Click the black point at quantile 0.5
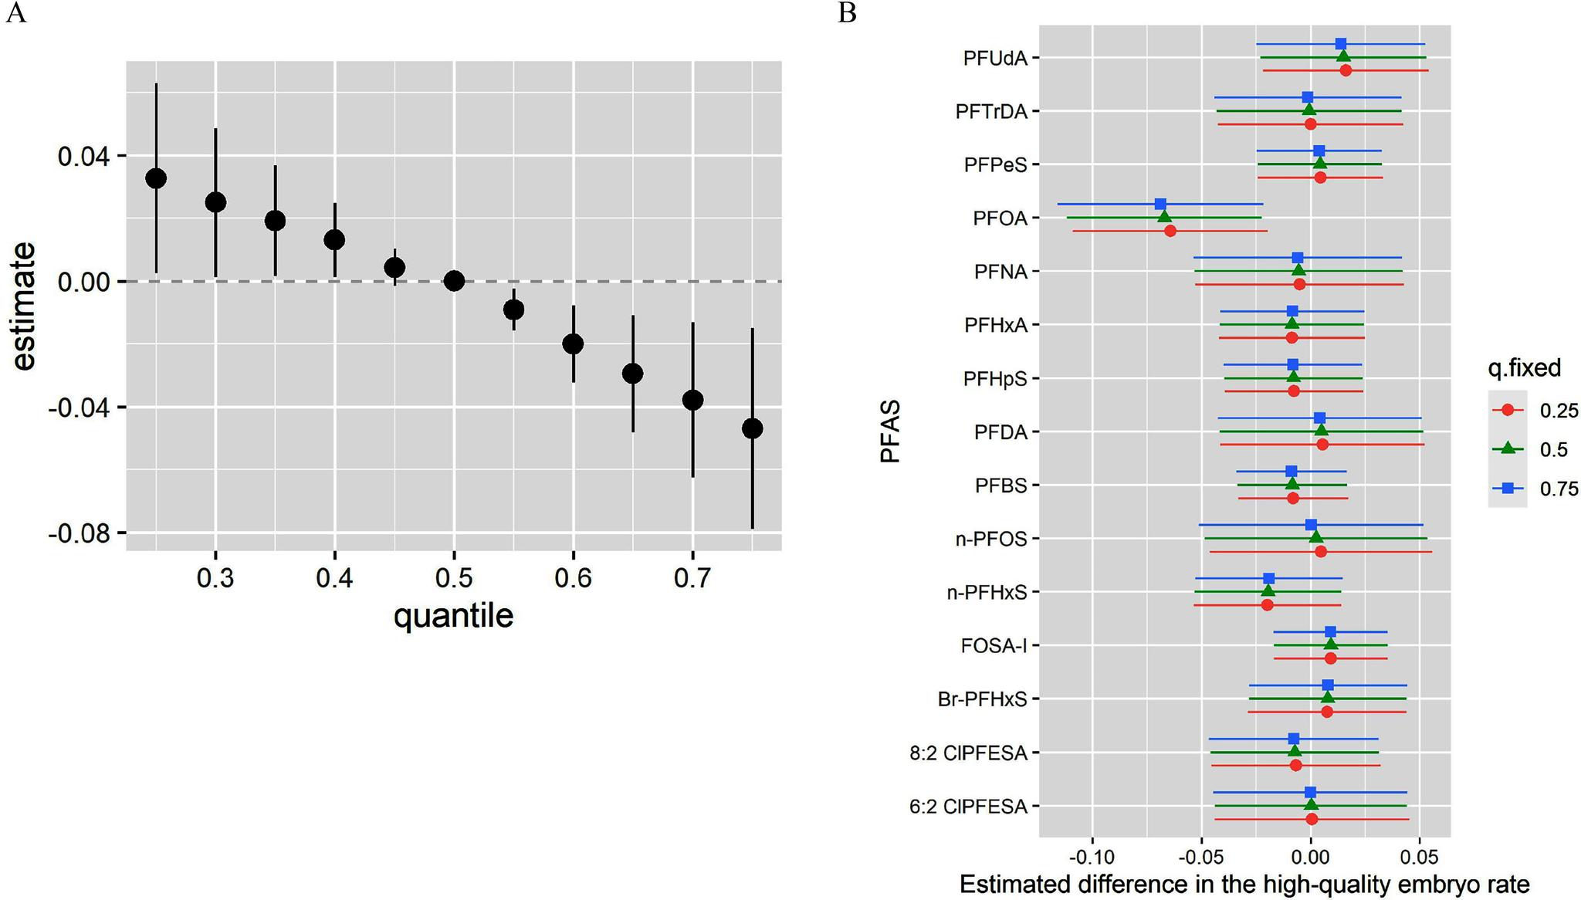coord(454,281)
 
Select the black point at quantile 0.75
coord(752,428)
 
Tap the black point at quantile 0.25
coord(156,178)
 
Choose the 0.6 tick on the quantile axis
coord(573,578)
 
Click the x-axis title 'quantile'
coord(453,617)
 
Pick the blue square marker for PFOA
coord(1160,205)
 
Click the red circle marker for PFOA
coord(1170,231)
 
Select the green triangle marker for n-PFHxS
coord(1268,592)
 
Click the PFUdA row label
coord(995,58)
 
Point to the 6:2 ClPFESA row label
coord(968,807)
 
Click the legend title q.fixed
coord(1524,369)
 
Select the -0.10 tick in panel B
coord(1092,858)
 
